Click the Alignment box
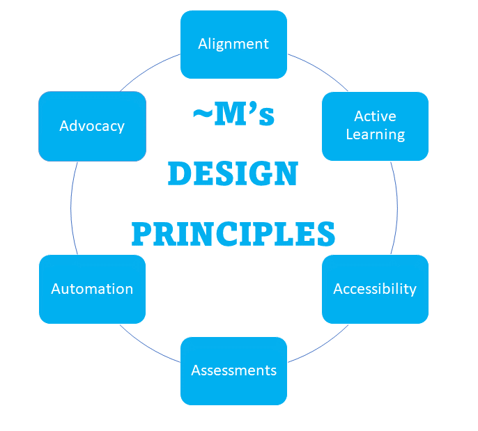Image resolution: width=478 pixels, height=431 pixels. pos(233,44)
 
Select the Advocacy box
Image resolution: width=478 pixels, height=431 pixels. pos(92,126)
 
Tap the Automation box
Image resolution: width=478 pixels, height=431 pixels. pos(92,289)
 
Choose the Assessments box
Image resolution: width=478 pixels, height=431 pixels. pos(233,370)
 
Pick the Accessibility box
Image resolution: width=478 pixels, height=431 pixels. pos(375,289)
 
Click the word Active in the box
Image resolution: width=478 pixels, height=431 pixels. pos(375,116)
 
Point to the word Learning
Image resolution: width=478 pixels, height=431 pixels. pos(375,134)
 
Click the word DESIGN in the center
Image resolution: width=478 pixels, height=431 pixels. pos(233,174)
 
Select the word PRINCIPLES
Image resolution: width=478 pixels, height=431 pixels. pos(233,234)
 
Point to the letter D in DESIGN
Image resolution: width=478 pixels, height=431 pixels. pos(179,174)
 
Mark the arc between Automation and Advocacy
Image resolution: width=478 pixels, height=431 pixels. pos(71,207)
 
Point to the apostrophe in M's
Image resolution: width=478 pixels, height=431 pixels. pos(249,108)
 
